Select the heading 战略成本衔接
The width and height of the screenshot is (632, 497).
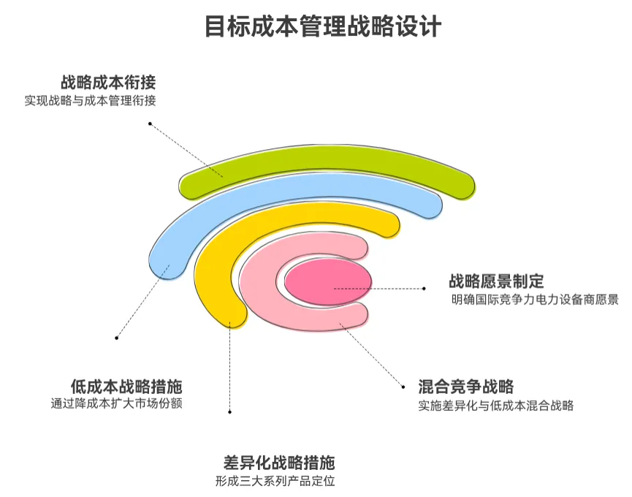coord(108,83)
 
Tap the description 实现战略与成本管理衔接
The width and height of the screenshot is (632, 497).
coord(90,101)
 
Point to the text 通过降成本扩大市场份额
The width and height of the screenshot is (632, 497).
coord(116,403)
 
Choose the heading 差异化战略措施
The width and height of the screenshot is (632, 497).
coord(279,463)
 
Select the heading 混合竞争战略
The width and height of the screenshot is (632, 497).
coord(466,386)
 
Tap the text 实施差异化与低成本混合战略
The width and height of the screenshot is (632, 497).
coord(496,405)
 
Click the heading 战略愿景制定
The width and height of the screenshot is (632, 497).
coord(496,281)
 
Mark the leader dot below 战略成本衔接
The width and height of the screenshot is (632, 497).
coord(150,124)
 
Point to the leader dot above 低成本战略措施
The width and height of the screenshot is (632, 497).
coord(117,337)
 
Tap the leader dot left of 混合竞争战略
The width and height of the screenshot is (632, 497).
coord(401,386)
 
